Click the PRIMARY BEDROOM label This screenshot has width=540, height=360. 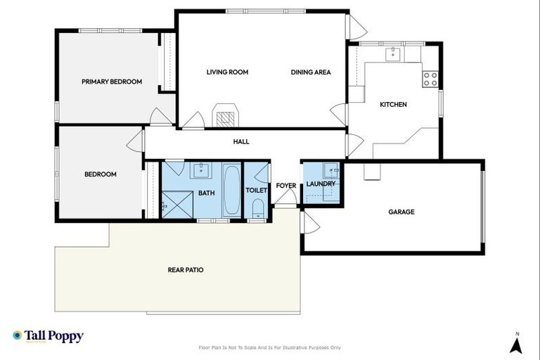111,82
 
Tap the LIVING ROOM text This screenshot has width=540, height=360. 227,72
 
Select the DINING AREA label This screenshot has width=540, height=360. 311,72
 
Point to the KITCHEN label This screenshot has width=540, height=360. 393,105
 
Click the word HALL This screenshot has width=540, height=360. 241,141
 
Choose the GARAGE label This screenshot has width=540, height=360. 401,212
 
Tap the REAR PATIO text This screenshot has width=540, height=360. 186,269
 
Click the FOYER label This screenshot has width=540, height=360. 286,186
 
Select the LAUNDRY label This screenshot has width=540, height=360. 321,184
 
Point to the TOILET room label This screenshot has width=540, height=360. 256,191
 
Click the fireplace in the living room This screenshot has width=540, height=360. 225,118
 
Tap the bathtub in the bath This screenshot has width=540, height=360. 231,191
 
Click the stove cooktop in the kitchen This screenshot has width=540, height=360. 430,79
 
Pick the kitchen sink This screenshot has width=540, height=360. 392,53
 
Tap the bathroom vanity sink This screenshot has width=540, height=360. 202,169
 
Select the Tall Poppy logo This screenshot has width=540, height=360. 48,336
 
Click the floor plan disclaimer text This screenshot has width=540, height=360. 270,347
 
